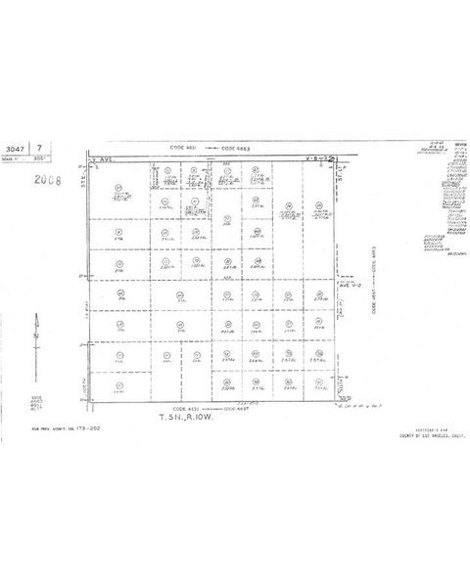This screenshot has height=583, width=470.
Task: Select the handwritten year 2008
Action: pos(41,181)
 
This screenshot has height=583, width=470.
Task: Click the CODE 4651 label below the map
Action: pos(184,408)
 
